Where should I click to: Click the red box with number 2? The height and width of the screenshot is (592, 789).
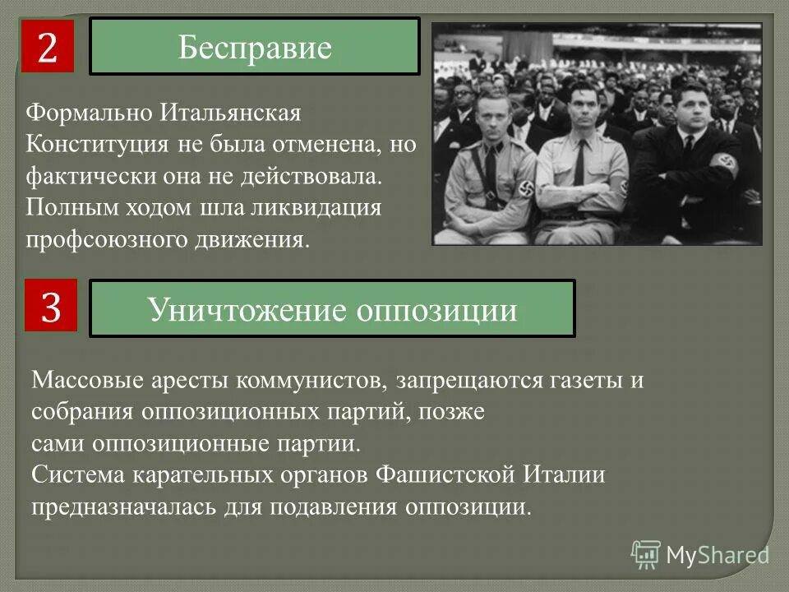coord(47,47)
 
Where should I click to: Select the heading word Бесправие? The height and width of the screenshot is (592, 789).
coord(255,48)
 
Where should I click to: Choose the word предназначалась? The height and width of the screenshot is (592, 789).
coord(125,505)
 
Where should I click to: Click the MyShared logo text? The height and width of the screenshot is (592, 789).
coord(718,555)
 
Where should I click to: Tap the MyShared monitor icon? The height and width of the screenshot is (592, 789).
coord(646,555)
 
